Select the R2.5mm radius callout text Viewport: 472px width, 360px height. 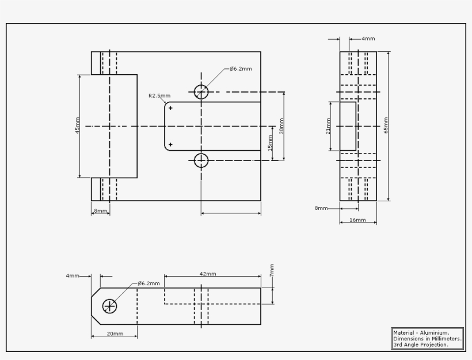[159, 96]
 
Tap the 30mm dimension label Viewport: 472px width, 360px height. [281, 125]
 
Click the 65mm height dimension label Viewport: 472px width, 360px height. [386, 125]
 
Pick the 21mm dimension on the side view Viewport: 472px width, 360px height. [328, 125]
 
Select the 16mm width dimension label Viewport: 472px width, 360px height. [357, 220]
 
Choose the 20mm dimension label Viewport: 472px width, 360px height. [115, 334]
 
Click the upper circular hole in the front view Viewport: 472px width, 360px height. [201, 92]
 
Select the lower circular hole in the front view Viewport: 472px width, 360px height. [201, 160]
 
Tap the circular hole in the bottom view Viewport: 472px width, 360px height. [109, 306]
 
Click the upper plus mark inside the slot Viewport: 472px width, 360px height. [170, 108]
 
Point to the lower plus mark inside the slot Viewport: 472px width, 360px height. [170, 144]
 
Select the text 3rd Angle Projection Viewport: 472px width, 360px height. [421, 344]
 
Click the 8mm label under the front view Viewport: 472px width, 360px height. [100, 211]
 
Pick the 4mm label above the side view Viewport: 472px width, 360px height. [368, 39]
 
